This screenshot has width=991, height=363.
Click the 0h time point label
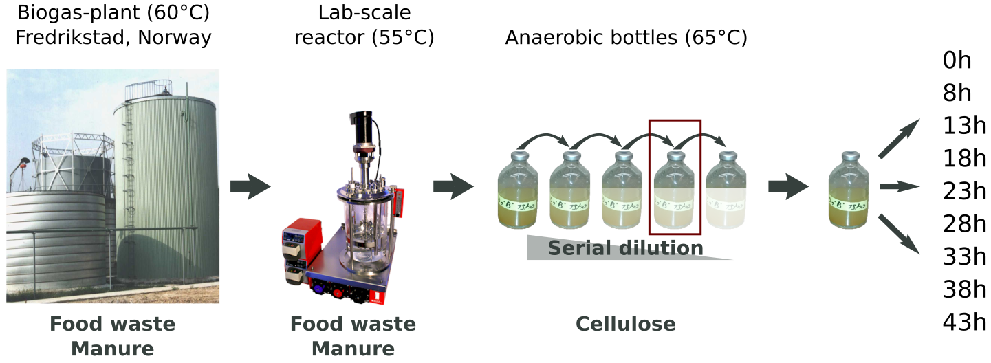point(957,60)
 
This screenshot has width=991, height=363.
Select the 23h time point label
point(964,190)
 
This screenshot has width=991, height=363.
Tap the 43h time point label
point(964,321)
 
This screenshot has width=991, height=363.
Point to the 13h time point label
point(964,126)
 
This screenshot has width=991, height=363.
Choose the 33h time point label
point(964,256)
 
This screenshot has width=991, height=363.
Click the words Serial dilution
point(625,248)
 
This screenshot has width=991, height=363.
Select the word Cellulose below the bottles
point(625,324)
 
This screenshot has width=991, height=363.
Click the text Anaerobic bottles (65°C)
point(626,37)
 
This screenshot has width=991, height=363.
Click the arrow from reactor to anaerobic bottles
point(453,187)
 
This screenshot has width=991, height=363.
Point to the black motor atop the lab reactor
point(362,127)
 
